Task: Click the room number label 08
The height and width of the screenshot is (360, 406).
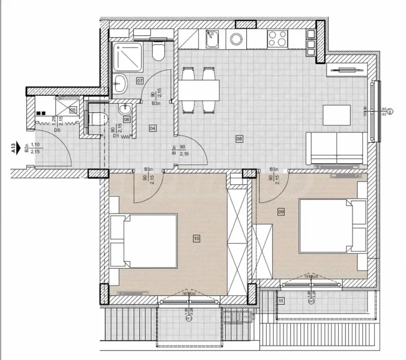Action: coord(239,139)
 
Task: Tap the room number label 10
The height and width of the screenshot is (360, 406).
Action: coord(196,238)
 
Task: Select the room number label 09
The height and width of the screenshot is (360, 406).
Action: coord(280,211)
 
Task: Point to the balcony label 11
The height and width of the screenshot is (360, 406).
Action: coord(281,300)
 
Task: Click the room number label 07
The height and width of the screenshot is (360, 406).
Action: coord(139,80)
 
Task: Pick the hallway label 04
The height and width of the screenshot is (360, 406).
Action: coord(153,128)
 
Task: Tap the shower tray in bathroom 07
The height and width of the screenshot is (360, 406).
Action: coord(127,56)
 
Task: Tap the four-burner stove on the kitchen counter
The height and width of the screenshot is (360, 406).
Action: coord(277,39)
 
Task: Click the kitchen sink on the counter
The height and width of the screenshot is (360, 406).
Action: coord(213,39)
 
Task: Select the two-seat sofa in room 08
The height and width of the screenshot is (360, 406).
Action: coord(335,148)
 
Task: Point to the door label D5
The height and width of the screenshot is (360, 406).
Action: coord(58,130)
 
